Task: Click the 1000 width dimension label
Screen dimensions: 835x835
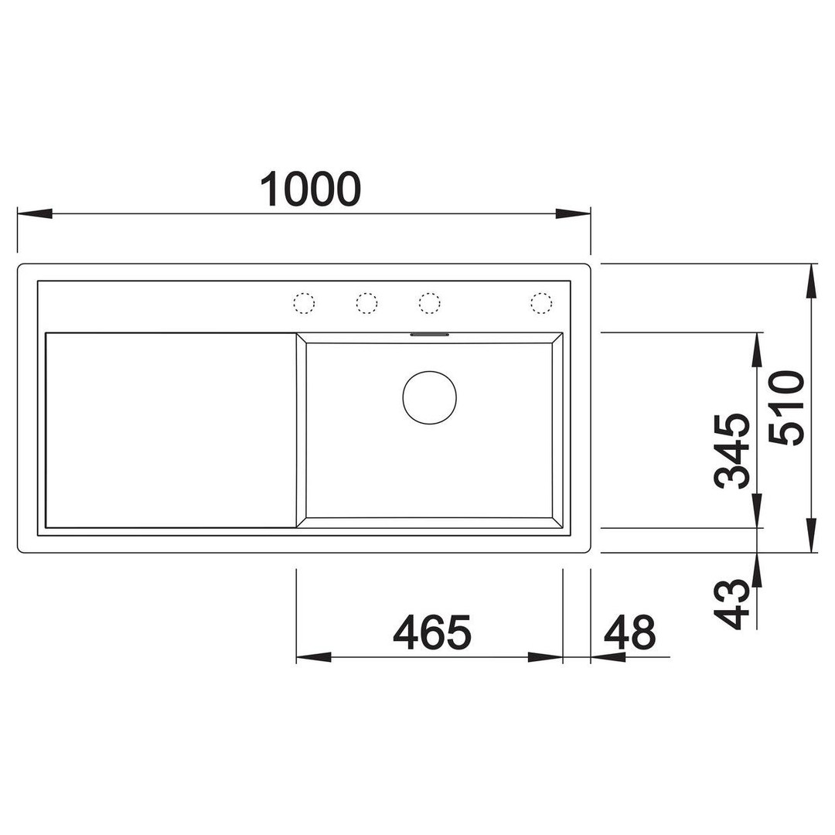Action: pos(310,189)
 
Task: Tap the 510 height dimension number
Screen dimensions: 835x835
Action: pos(786,408)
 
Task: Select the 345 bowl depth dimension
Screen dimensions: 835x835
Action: pos(731,451)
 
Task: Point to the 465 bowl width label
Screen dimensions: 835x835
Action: pos(432,632)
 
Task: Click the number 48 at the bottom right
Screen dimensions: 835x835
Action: pos(629,632)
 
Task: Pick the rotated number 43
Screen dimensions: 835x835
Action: pos(731,605)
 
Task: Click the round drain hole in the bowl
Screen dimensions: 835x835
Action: pos(429,398)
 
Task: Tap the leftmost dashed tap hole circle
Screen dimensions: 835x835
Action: pos(304,303)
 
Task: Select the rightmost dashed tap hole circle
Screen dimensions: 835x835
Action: pos(541,303)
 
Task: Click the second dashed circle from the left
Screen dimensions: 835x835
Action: pos(367,303)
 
